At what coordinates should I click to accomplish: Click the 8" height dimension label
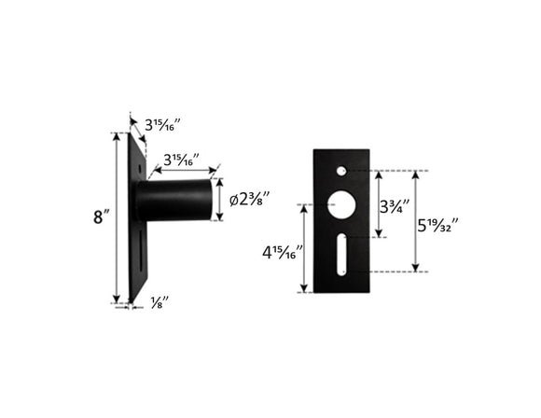[x=102, y=217]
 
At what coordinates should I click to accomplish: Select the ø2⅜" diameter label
[x=250, y=200]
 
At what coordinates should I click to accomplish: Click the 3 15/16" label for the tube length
[x=181, y=159]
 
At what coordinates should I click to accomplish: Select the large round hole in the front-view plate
[x=343, y=204]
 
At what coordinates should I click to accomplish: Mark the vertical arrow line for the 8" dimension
[x=117, y=217]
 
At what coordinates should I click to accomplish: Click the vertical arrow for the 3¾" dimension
[x=379, y=203]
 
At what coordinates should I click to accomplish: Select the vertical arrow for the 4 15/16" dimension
[x=304, y=248]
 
